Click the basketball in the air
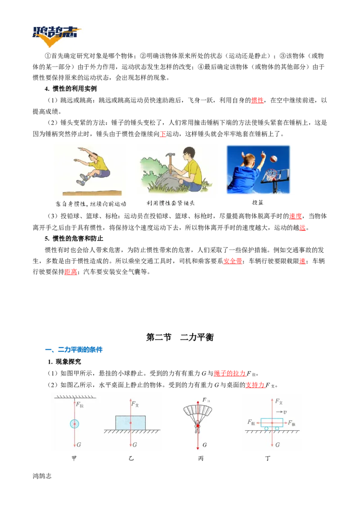274,159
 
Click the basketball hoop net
270,176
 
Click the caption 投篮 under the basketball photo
258,202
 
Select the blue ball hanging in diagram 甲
74,424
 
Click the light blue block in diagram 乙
130,423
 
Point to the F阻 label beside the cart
251,422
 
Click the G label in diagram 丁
277,445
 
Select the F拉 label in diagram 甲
80,405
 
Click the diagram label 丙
201,458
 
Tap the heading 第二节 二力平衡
180,337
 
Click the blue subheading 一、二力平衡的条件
74,350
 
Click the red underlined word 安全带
233,261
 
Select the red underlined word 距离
71,272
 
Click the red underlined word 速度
296,216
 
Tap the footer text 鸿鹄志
42,476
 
